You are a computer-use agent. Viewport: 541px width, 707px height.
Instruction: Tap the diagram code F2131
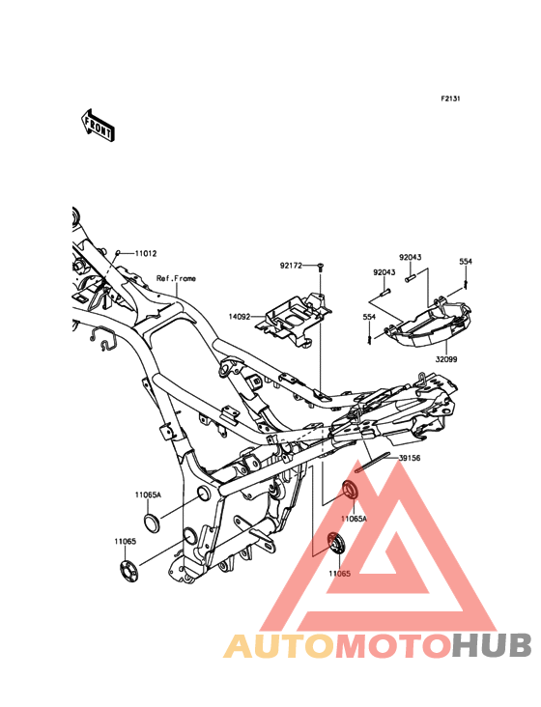click(x=450, y=99)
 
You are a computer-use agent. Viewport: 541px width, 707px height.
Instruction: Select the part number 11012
click(x=146, y=253)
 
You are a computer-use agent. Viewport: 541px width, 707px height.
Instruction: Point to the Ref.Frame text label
click(x=176, y=278)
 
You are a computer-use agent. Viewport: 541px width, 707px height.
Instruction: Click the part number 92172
click(x=291, y=266)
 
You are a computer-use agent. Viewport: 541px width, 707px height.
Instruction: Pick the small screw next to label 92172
click(x=320, y=267)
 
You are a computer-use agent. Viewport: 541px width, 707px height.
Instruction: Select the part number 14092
click(x=240, y=317)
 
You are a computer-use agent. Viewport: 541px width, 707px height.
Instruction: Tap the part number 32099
click(x=446, y=359)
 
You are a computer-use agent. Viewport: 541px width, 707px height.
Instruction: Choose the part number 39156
click(x=410, y=458)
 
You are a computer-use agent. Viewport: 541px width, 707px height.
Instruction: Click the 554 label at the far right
click(x=466, y=262)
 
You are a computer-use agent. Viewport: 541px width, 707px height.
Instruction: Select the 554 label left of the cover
click(x=369, y=318)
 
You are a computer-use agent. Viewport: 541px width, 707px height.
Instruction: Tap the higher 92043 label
click(x=411, y=258)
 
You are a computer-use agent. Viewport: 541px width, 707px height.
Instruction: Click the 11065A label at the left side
click(x=148, y=495)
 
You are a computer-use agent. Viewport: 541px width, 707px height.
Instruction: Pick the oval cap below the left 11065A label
click(x=151, y=521)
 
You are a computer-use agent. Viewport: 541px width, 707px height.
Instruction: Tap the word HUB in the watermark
click(x=493, y=645)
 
